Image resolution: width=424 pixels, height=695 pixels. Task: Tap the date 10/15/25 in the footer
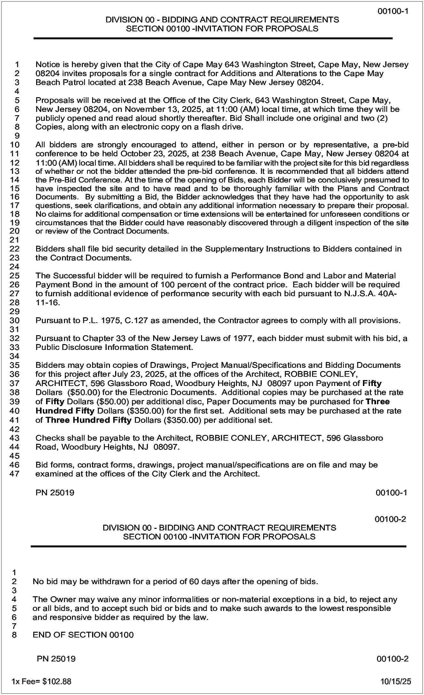pyautogui.click(x=395, y=682)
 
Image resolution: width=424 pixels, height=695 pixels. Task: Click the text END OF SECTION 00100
pyautogui.click(x=83, y=635)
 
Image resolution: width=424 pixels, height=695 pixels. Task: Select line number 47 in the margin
pyautogui.click(x=15, y=474)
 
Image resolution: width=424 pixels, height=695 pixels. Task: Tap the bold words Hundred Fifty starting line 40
pyautogui.click(x=65, y=411)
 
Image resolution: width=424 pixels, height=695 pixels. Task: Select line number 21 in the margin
pyautogui.click(x=15, y=240)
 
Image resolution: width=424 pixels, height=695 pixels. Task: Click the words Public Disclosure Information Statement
pyautogui.click(x=114, y=347)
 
